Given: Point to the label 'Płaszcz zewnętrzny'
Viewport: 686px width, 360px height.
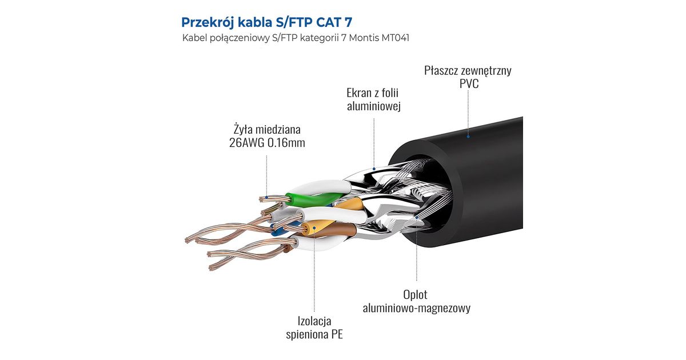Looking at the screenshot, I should [x=468, y=71].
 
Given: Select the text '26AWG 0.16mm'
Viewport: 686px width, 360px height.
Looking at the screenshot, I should [x=266, y=143].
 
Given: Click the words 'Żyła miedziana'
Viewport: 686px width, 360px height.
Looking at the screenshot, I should [x=266, y=129].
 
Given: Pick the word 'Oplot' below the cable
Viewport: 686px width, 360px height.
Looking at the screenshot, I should [x=415, y=295].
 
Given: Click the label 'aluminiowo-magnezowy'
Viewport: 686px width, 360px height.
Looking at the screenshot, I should [x=416, y=309].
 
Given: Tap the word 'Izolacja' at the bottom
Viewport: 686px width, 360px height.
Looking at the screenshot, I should [x=314, y=321].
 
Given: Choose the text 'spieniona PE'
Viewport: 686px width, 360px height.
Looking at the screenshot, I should [x=314, y=334].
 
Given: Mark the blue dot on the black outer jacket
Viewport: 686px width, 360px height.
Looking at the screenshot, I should [x=468, y=136].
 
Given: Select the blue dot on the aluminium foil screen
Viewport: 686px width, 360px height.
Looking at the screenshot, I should [x=374, y=169].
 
